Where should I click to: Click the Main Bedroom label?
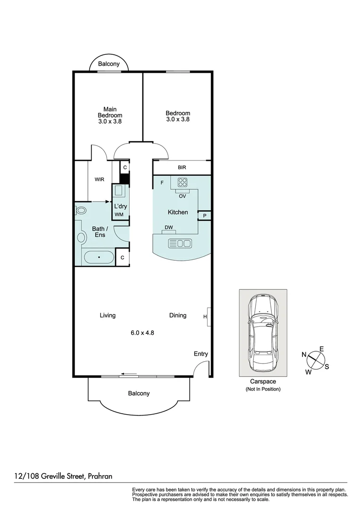coord(109,115)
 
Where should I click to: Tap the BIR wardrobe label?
coord(182,167)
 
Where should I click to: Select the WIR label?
coord(99,179)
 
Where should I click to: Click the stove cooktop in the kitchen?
coord(183,182)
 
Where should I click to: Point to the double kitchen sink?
coord(180,243)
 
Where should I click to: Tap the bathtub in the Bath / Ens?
coord(99,258)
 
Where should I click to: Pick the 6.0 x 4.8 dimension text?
coord(142,332)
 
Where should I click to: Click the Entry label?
coord(201,354)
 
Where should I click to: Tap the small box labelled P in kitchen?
coord(204,215)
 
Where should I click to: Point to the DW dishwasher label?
coord(169,228)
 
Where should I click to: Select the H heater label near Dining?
coord(205,316)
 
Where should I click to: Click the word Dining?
coord(178,315)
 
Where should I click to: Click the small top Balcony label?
coord(109,64)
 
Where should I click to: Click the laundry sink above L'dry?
coord(118,191)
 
